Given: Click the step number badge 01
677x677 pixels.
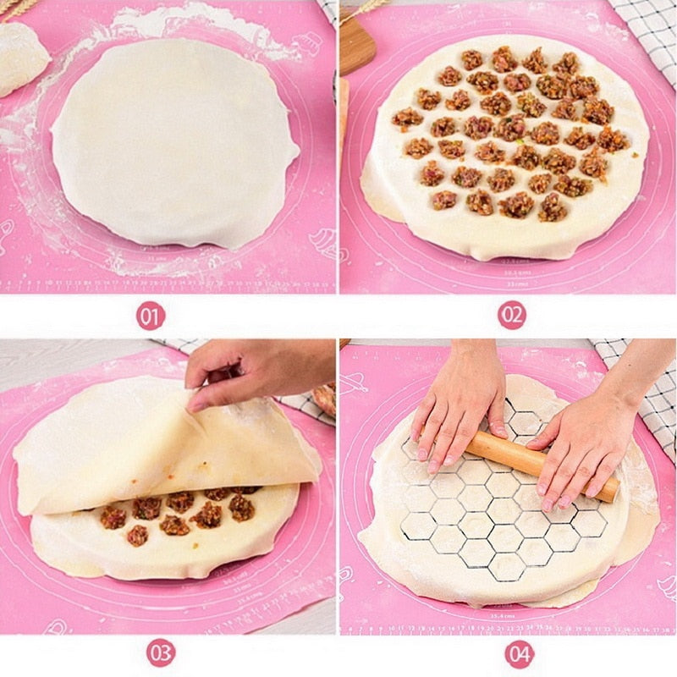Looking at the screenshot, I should (151, 316).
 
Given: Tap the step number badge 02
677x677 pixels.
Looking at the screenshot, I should (511, 316).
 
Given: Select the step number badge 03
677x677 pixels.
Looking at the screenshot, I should (161, 652).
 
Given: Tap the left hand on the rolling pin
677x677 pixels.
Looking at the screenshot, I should (457, 406).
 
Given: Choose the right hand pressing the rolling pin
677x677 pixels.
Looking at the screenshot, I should (584, 449).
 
